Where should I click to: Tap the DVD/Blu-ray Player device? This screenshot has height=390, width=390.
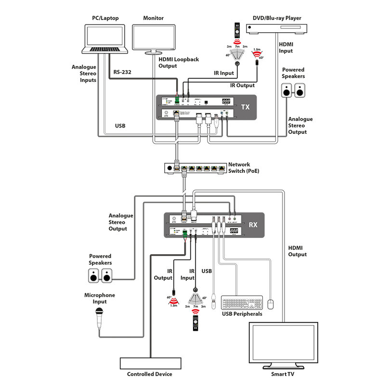277,29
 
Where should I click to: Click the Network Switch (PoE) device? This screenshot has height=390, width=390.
195,169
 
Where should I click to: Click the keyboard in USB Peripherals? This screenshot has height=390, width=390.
242,302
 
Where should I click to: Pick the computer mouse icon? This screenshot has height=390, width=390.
271,303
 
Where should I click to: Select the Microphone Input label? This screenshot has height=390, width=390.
100,299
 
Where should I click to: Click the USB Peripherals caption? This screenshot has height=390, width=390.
242,314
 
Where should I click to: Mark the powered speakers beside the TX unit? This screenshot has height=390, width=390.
293,91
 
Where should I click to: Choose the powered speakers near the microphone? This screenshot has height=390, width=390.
101,276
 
